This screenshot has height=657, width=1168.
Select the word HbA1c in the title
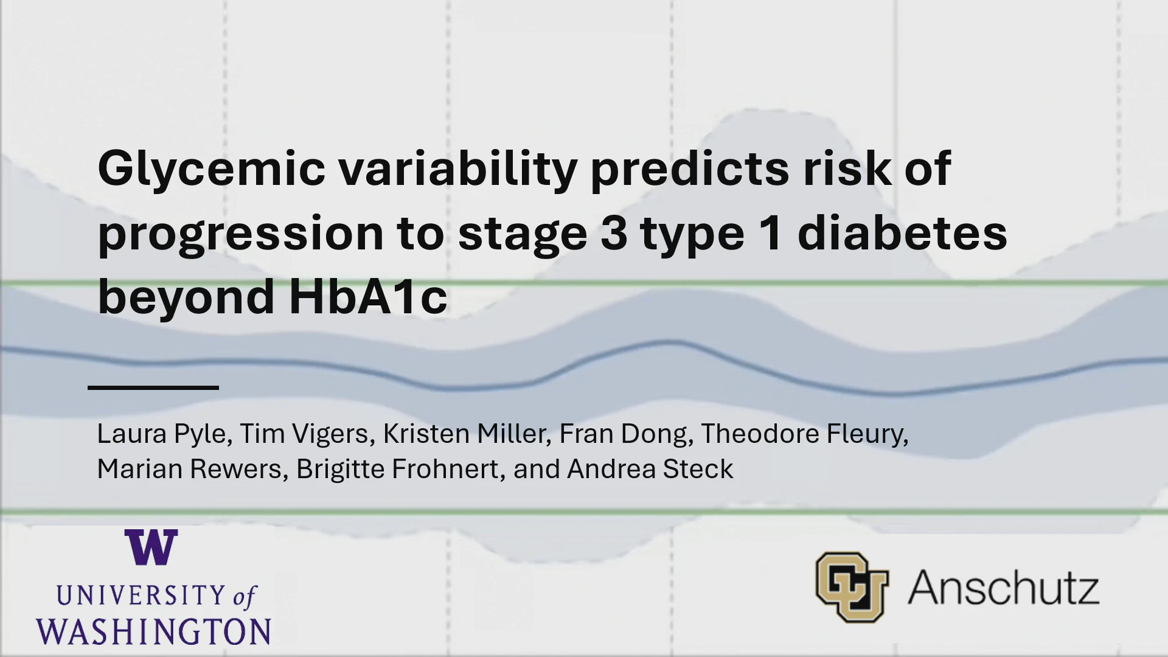point(368,296)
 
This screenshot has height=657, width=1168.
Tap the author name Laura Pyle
point(161,434)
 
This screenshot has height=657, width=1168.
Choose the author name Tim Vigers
point(304,434)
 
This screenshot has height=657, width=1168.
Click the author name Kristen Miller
point(464,434)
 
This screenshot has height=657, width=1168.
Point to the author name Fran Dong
point(623,434)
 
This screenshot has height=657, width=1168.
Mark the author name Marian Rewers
point(189,469)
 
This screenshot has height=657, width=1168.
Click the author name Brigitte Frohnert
point(397,469)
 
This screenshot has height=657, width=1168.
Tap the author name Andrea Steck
point(650,469)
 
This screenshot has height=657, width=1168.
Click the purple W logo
point(151,547)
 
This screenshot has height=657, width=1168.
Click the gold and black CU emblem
point(852,587)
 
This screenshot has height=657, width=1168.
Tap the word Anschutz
point(1004,588)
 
